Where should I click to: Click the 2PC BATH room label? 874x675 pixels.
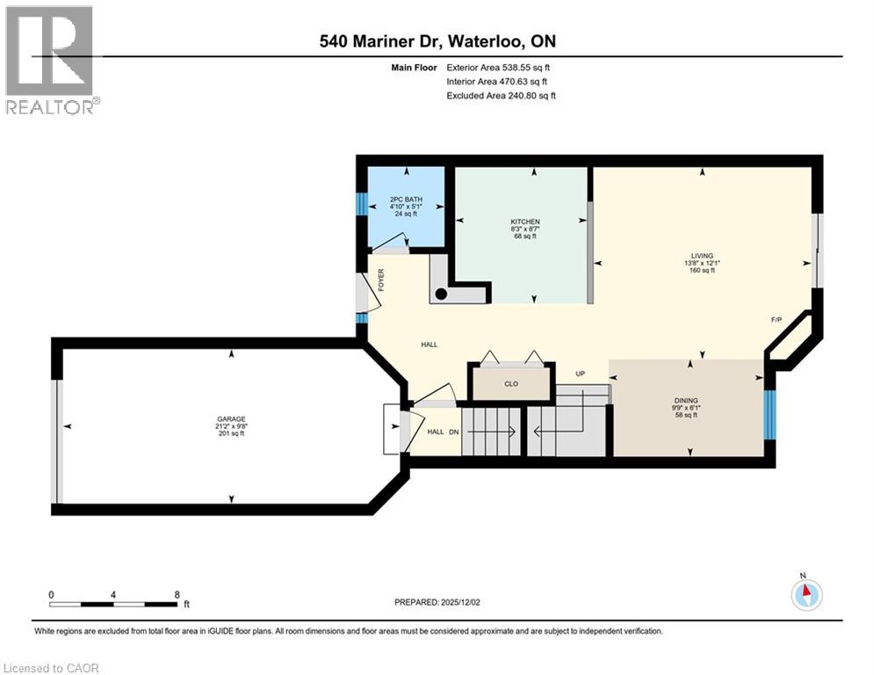(x=406, y=200)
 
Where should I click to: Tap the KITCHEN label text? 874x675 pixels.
(x=525, y=221)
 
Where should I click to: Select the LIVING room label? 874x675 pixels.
(x=702, y=256)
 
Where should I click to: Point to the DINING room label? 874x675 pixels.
(x=687, y=400)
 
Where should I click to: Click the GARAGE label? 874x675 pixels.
(x=231, y=419)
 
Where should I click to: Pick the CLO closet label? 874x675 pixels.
(x=511, y=383)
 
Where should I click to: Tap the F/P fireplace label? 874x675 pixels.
(x=776, y=320)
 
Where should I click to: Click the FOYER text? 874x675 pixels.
(x=381, y=281)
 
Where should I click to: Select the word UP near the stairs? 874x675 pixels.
(x=581, y=374)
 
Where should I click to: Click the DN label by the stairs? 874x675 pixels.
(x=453, y=432)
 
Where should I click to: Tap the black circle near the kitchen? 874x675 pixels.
(x=442, y=294)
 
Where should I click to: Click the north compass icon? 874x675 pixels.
(x=805, y=594)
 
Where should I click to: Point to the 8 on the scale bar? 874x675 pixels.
(x=177, y=594)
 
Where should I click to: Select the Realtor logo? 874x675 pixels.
(x=51, y=60)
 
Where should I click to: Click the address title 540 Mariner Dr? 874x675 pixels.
(x=437, y=41)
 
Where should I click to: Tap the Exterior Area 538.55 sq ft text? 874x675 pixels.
(x=499, y=67)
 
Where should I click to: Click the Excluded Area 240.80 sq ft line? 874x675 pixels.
(x=501, y=96)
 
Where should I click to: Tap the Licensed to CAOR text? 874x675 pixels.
(x=53, y=668)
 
